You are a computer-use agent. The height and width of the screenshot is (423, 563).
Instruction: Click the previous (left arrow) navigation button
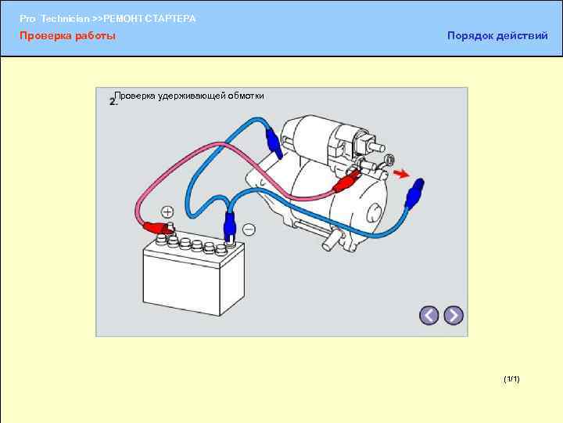(x=429, y=316)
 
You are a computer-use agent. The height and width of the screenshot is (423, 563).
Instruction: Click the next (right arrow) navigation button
(x=454, y=316)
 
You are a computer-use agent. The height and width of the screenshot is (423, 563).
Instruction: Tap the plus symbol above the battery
(x=168, y=212)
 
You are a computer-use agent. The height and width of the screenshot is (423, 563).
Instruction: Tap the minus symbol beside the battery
(x=249, y=230)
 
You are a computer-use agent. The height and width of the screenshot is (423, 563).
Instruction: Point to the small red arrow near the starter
(x=401, y=174)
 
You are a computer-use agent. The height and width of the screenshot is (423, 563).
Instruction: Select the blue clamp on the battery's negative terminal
(x=231, y=228)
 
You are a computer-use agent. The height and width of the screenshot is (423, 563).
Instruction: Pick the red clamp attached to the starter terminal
(x=345, y=183)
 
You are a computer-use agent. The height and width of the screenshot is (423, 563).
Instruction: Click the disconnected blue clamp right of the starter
(x=415, y=190)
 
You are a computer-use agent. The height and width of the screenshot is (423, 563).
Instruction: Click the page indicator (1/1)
(x=512, y=379)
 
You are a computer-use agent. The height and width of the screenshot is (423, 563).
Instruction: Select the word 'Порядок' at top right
(x=469, y=36)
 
